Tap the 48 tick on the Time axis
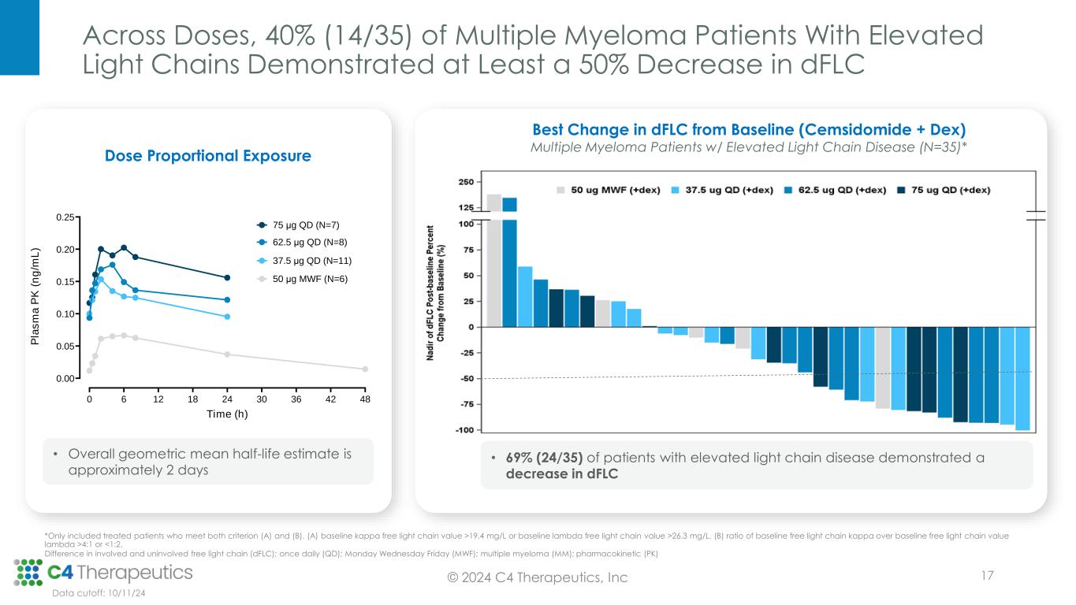click(365, 399)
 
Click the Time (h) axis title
click(226, 414)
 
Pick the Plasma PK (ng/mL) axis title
click(36, 298)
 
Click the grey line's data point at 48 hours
click(365, 369)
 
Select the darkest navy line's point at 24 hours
click(227, 277)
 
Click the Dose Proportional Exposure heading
click(208, 156)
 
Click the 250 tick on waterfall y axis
click(465, 182)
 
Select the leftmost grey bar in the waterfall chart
click(494, 260)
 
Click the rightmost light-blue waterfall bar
click(1022, 379)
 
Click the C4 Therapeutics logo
click(102, 572)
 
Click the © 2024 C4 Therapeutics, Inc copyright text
click(538, 578)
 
